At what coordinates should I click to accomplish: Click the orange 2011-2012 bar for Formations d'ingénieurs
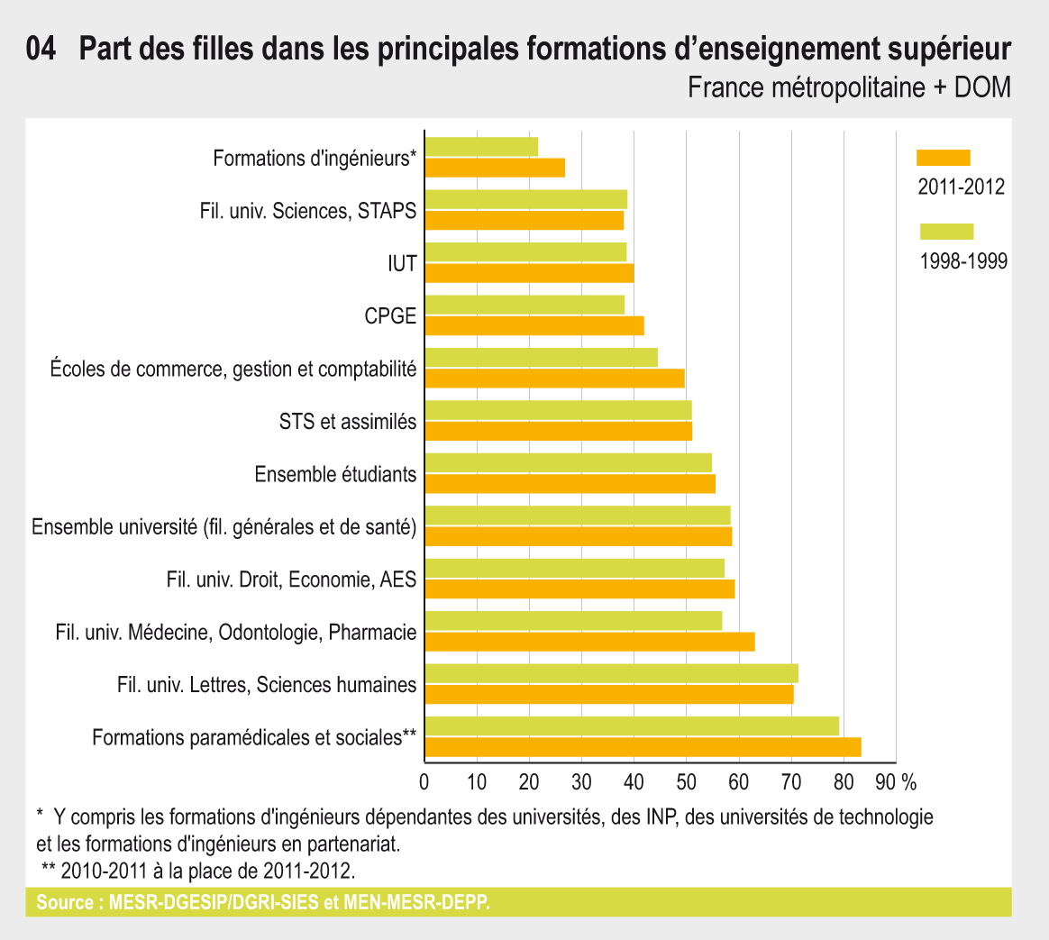495,168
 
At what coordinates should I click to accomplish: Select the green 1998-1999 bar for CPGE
524,305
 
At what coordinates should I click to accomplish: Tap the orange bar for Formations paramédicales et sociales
643,746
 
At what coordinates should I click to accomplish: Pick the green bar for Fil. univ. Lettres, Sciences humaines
611,673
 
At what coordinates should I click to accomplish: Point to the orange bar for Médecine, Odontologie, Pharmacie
589,642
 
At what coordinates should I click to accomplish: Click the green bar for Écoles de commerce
541,357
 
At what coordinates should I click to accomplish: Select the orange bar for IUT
529,273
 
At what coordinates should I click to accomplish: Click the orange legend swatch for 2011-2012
943,158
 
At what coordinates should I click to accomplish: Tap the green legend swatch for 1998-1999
946,232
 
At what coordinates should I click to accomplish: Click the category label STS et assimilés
348,421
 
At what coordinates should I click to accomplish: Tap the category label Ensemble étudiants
335,474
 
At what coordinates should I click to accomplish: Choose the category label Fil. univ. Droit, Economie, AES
291,580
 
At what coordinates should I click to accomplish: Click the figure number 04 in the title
42,50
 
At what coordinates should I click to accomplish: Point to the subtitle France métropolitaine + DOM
848,88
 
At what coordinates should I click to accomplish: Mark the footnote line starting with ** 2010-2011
198,871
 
